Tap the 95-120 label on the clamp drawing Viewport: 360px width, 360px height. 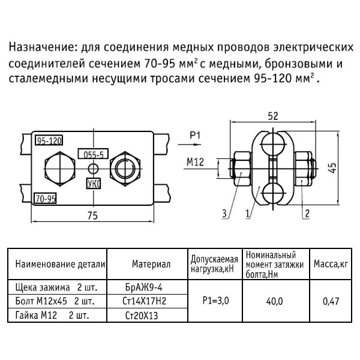pos(49,141)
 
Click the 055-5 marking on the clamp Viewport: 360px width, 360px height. pos(94,154)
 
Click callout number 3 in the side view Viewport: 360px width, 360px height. pos(224,212)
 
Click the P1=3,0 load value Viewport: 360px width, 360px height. pos(215,299)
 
